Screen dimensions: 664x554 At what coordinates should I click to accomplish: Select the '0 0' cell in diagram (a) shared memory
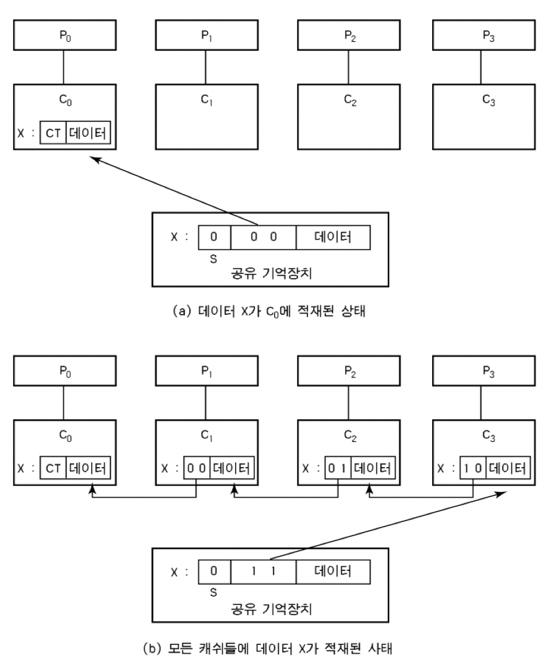(x=263, y=236)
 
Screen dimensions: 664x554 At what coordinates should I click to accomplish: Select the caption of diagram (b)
(x=276, y=647)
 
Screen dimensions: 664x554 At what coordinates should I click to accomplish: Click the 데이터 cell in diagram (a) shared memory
(x=333, y=236)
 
